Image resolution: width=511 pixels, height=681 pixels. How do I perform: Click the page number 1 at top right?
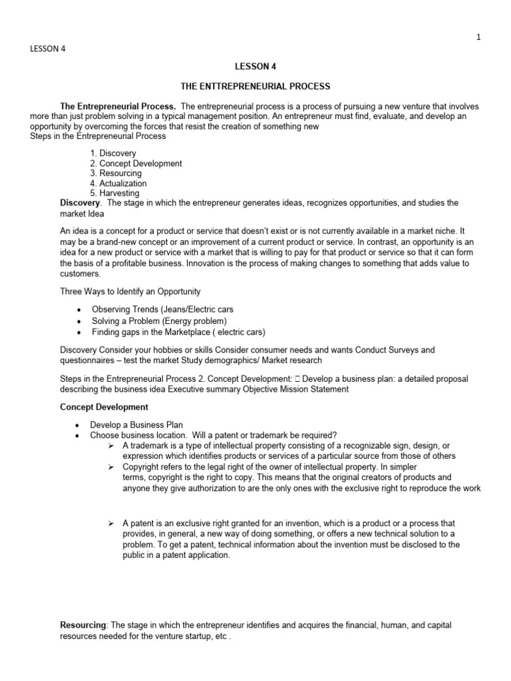tap(478, 38)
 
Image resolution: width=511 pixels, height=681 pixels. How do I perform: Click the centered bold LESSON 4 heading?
tap(255, 67)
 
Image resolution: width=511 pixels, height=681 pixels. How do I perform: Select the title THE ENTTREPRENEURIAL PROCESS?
tap(255, 86)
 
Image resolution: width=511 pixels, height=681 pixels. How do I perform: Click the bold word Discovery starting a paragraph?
tap(80, 202)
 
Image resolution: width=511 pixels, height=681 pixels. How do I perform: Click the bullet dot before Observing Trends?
tap(80, 311)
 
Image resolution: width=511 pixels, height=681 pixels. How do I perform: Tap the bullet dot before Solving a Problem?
tap(80, 321)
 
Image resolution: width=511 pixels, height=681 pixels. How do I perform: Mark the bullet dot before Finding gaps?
tap(80, 332)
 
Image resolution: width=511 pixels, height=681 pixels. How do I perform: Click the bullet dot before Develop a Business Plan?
tap(80, 425)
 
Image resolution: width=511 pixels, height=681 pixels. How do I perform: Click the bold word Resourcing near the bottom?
tap(83, 626)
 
